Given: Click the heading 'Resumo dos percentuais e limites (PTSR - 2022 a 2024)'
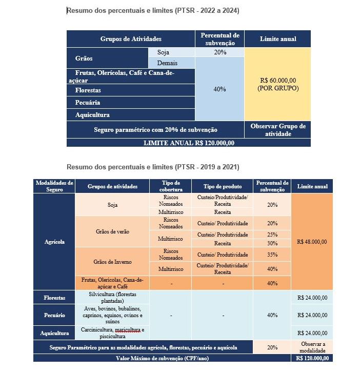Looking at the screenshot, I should (x=153, y=10).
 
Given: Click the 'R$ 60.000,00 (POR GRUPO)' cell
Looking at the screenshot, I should (x=277, y=84).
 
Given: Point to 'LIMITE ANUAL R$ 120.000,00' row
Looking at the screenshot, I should (x=189, y=143).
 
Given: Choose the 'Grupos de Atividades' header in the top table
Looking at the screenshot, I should (x=131, y=39).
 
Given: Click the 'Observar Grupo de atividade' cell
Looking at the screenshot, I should (x=277, y=130).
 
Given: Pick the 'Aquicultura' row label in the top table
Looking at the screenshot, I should (x=92, y=115).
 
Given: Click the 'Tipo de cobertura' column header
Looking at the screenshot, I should (x=170, y=186).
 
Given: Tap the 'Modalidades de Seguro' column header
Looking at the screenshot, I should (x=54, y=186).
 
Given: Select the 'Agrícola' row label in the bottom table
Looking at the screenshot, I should (x=54, y=242).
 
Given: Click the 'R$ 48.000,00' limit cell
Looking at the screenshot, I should (x=311, y=242).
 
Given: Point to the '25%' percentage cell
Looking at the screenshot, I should (x=272, y=234).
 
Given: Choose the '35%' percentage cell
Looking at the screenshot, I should (x=272, y=254).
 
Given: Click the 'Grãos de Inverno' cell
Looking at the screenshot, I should (x=113, y=262).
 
